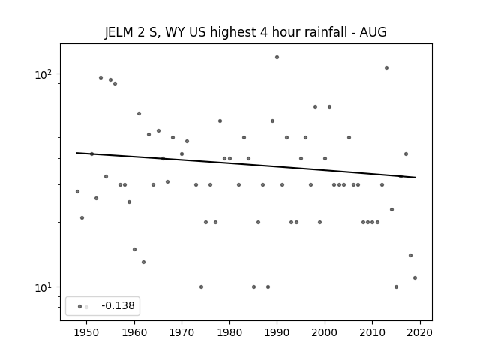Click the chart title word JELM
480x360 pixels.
click(x=118, y=32)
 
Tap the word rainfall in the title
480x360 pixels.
click(x=325, y=32)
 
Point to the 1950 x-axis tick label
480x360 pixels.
click(x=86, y=333)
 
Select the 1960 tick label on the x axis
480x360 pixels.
click(x=134, y=333)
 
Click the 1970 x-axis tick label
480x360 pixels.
click(x=181, y=333)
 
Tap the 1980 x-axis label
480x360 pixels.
click(x=229, y=333)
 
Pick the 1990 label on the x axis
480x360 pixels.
click(x=277, y=333)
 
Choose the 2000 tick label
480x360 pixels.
click(x=325, y=333)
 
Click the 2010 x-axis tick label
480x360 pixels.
click(x=372, y=333)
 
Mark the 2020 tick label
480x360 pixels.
click(x=420, y=333)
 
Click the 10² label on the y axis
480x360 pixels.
click(x=43, y=74)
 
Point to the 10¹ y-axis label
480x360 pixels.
click(x=43, y=287)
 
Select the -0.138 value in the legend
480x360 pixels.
click(x=118, y=306)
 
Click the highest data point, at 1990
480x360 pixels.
click(x=277, y=58)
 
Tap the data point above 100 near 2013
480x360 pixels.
click(x=387, y=68)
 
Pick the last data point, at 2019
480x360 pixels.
click(x=415, y=278)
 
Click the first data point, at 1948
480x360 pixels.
click(x=77, y=192)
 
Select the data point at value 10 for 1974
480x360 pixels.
click(x=201, y=286)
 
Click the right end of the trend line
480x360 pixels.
click(x=415, y=178)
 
